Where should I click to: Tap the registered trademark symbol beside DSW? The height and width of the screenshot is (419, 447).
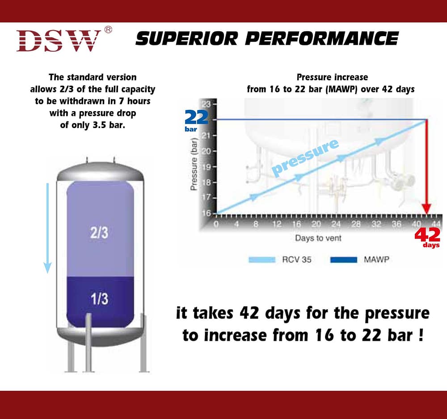[108, 30]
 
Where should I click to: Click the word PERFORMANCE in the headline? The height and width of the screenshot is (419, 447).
[321, 39]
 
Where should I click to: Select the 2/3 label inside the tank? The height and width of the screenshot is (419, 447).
[99, 232]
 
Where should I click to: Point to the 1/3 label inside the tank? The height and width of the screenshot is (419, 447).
[99, 299]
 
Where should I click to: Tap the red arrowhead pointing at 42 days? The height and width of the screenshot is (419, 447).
[426, 208]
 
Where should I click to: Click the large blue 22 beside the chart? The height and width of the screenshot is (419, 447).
[197, 118]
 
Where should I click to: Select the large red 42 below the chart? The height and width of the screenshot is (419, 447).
[427, 235]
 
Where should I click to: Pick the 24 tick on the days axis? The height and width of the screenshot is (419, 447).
[336, 224]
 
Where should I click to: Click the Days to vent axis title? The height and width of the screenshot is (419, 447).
[318, 238]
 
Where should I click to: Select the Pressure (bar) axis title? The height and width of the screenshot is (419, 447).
[194, 164]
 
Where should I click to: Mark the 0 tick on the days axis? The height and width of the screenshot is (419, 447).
[216, 224]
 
